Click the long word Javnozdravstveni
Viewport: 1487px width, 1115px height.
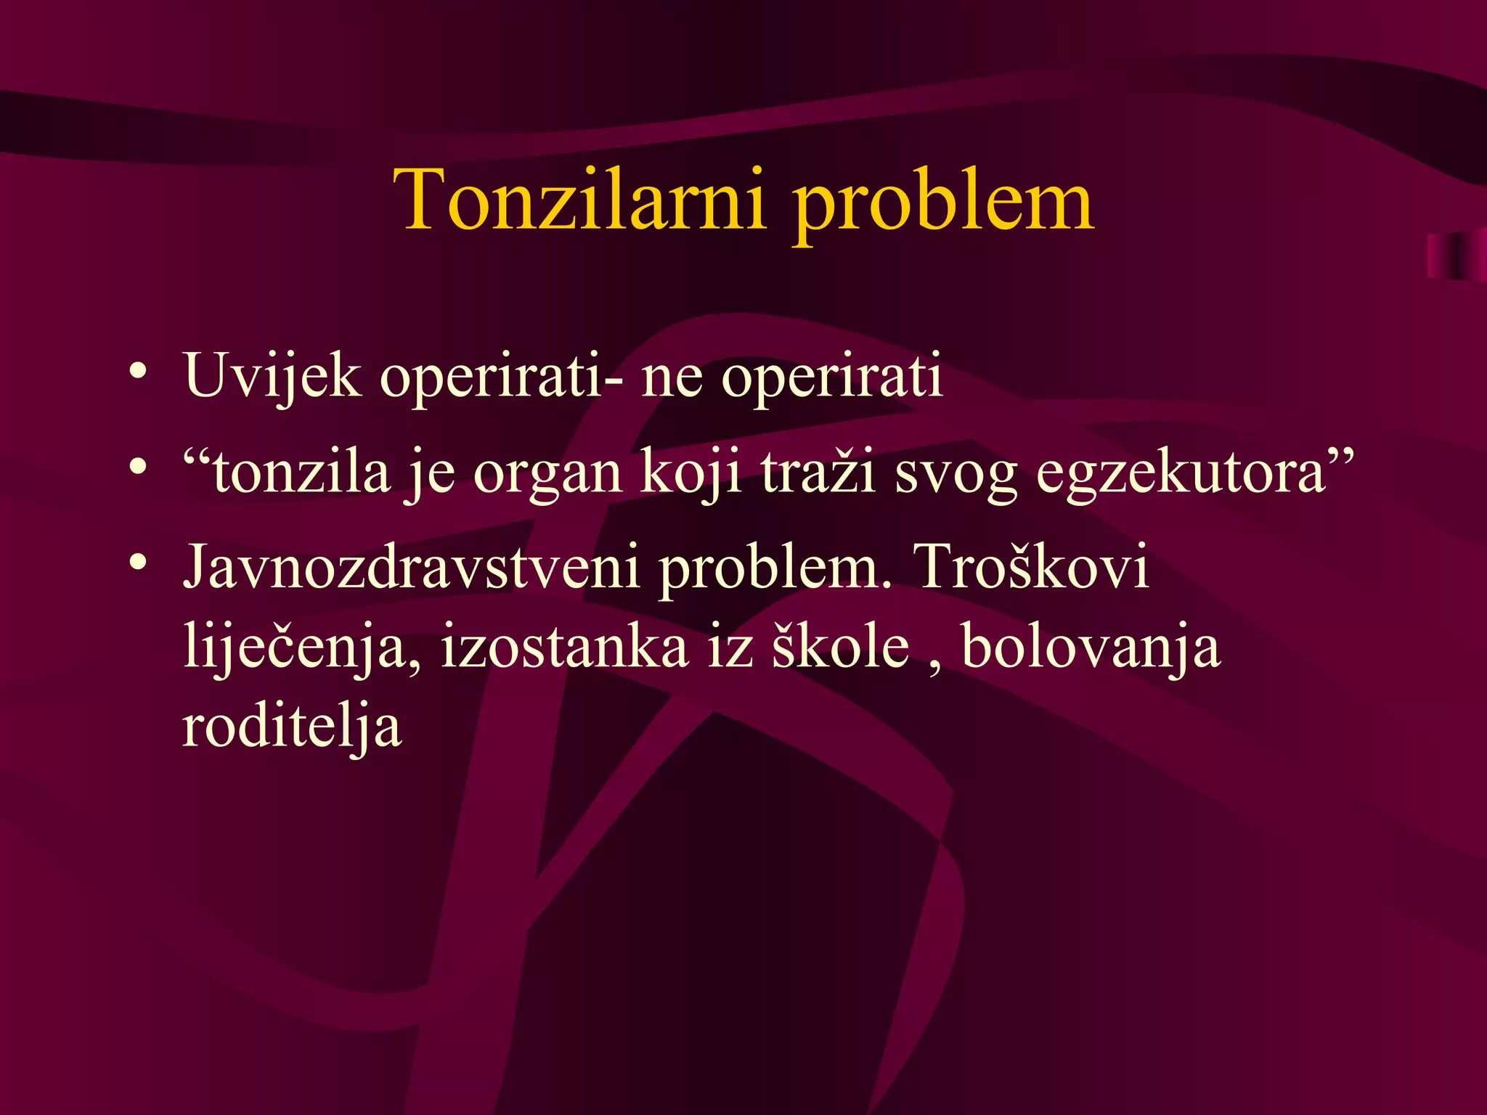tap(411, 566)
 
